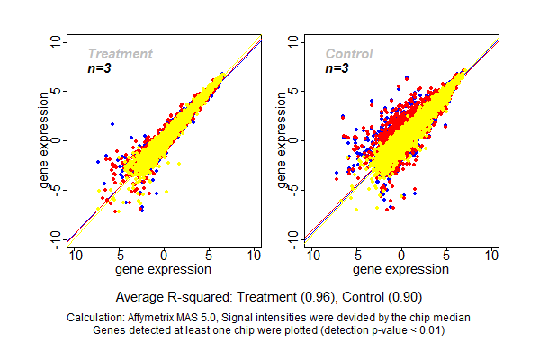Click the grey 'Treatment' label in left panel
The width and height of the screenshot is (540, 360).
pos(120,54)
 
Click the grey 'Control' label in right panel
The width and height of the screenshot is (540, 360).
pos(349,54)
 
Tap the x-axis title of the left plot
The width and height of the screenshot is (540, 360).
pos(164,268)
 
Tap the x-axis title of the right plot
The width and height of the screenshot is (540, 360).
pos(401,268)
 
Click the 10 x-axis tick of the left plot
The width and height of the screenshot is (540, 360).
pos(255,256)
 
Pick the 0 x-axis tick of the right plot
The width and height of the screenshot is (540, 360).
pos(401,256)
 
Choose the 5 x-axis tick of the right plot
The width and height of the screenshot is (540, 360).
pos(446,256)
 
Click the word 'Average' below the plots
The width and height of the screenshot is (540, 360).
pos(140,296)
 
